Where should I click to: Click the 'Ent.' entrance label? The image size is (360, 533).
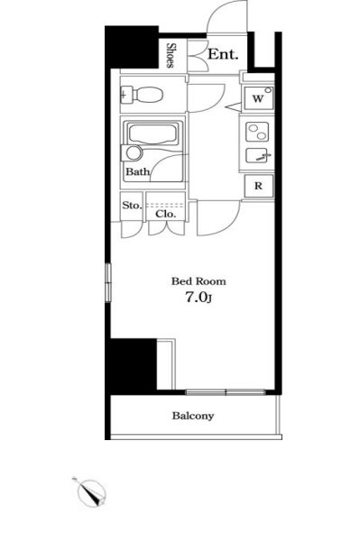point(223,54)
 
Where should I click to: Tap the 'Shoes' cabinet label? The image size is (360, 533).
point(171,55)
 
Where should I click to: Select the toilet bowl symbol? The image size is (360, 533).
point(143,94)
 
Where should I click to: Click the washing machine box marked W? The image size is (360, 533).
point(259,98)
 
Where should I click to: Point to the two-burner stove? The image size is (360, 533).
point(257,132)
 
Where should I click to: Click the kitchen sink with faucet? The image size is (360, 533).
point(258,156)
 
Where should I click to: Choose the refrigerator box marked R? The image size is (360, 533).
point(259,186)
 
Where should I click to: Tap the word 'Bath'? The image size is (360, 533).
point(138,171)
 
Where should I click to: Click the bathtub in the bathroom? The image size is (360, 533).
point(152,134)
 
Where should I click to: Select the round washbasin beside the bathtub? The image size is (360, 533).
point(134,153)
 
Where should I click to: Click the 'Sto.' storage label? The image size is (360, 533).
point(131,206)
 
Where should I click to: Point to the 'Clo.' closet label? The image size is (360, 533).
point(165,214)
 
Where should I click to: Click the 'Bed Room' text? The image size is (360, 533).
point(198,281)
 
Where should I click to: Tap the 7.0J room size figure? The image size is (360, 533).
point(198,298)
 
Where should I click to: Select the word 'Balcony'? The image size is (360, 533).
point(193,416)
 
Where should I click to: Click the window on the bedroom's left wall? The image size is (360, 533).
point(107,282)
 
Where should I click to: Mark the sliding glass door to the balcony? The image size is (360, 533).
point(226,392)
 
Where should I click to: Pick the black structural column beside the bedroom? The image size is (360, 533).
point(131,366)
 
